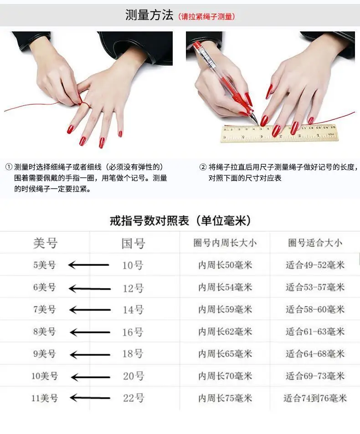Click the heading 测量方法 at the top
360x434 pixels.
click(149, 15)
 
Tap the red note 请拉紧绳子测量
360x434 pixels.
click(207, 16)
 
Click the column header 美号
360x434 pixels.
click(45, 243)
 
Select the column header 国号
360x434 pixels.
click(133, 244)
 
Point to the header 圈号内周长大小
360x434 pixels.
click(225, 243)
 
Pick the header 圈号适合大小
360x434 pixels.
click(315, 243)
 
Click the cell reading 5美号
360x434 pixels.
click(44, 265)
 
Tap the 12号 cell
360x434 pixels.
click(133, 288)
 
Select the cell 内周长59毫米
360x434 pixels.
click(225, 309)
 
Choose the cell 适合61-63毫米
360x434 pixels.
click(315, 332)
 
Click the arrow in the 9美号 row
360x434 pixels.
click(90, 355)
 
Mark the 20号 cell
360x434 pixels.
click(134, 376)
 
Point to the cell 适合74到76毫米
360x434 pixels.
click(315, 398)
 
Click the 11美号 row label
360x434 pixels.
click(44, 398)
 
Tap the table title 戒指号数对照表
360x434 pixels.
click(149, 220)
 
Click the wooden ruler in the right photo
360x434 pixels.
click(280, 133)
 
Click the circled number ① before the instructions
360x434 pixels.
click(9, 167)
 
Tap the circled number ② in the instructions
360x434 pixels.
click(203, 167)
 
